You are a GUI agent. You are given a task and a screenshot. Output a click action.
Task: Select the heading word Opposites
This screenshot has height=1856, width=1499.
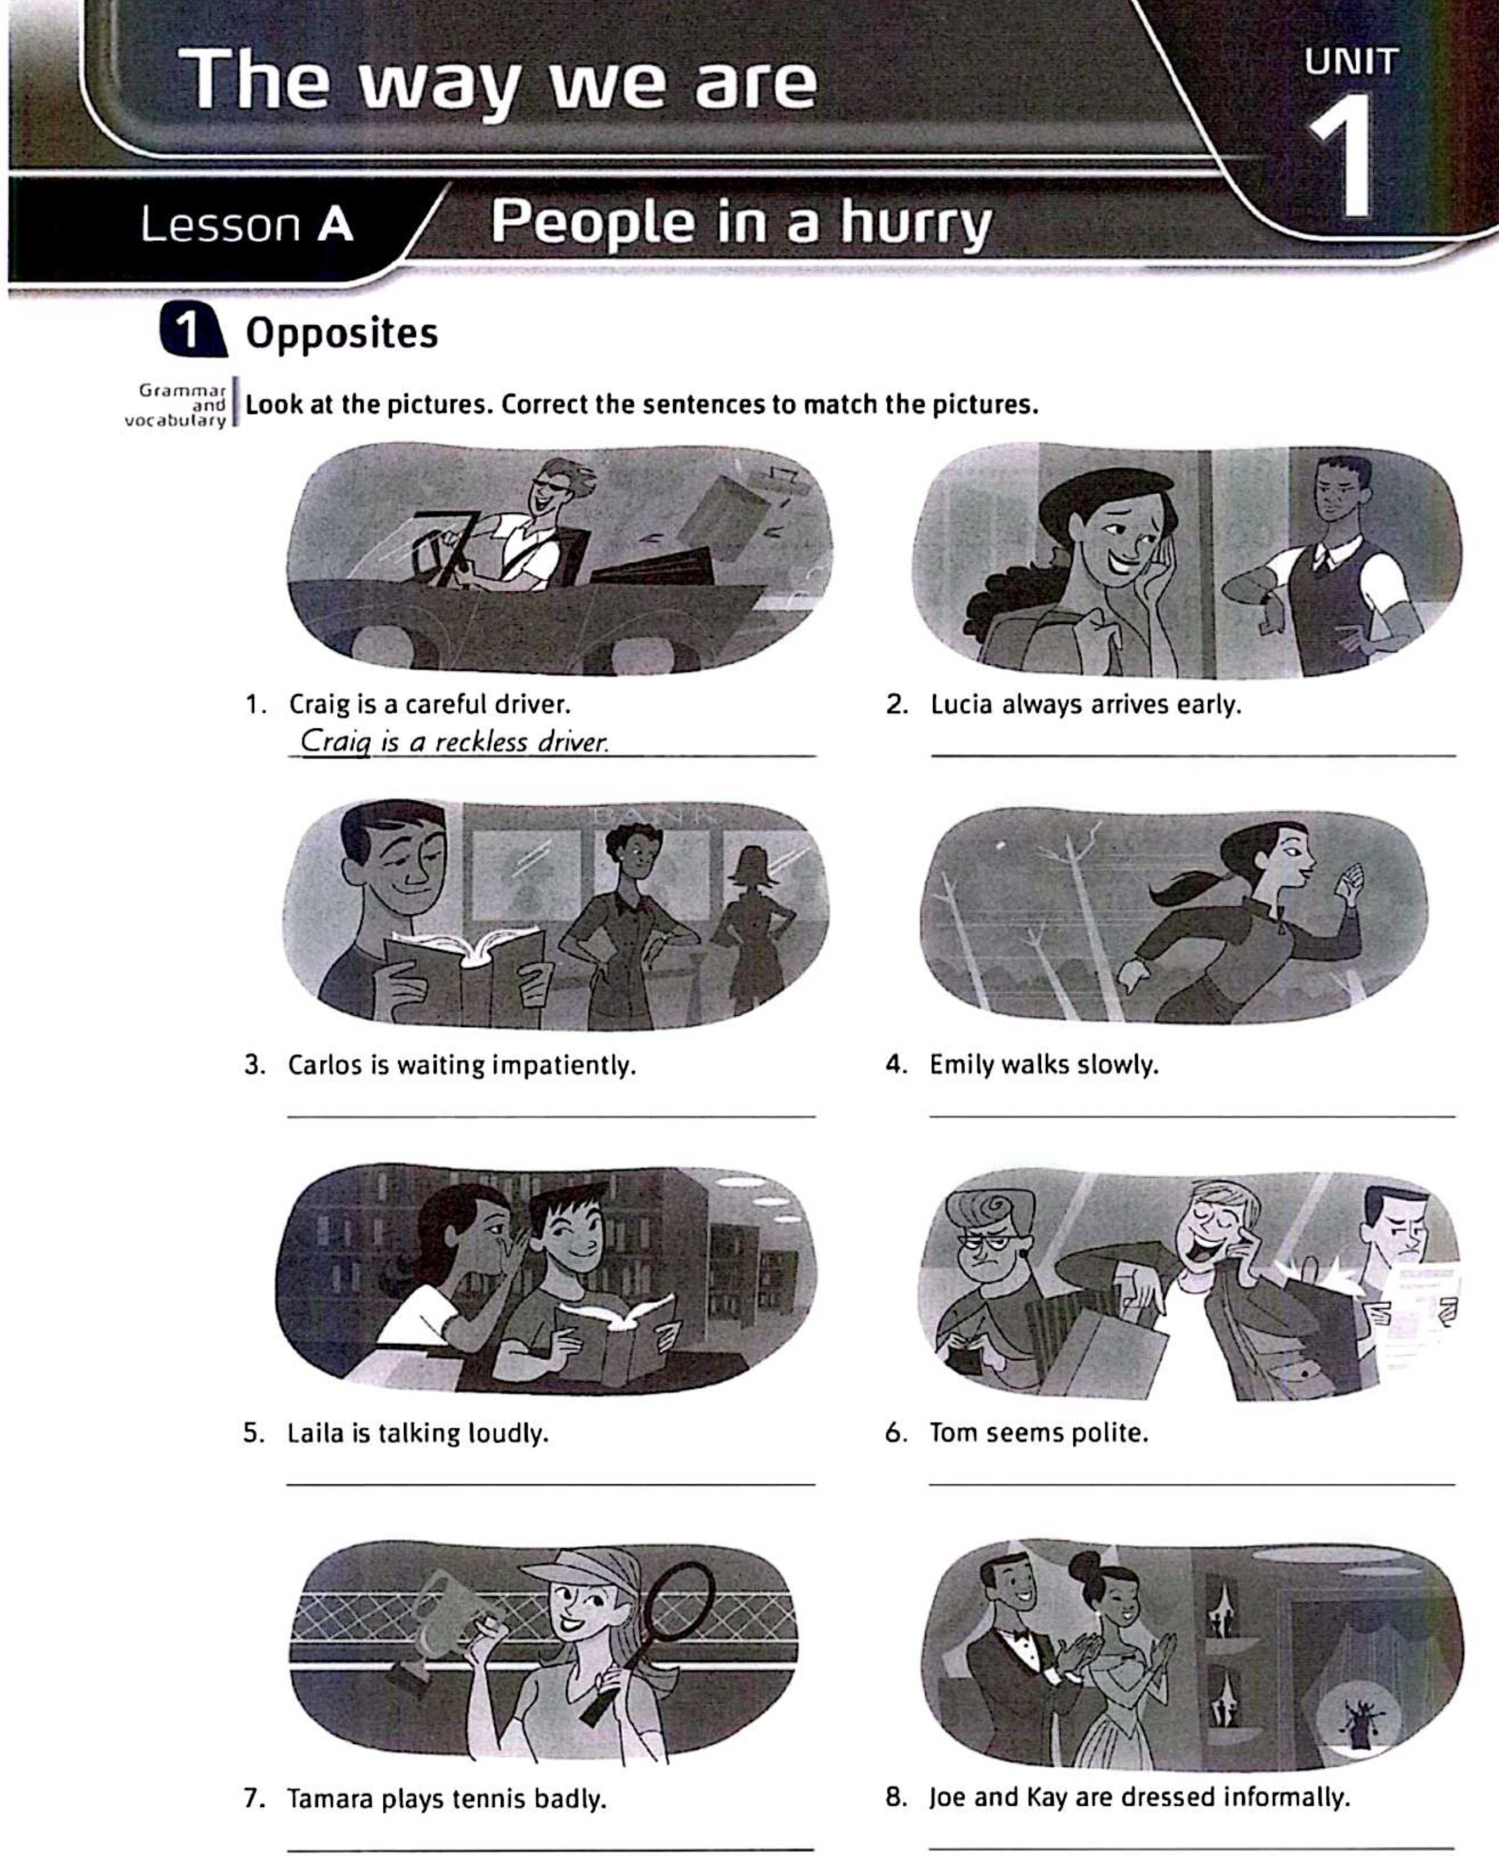pos(342,334)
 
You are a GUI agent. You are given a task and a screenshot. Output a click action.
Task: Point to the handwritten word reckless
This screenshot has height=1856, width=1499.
pos(480,741)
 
